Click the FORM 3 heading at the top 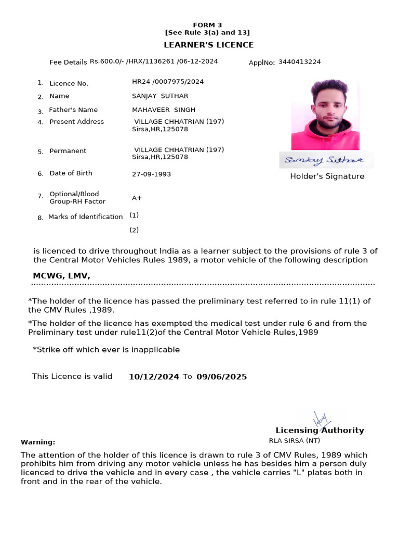tap(207, 25)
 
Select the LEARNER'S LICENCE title tap(209, 45)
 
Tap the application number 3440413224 tap(299, 62)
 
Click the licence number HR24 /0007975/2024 tap(168, 82)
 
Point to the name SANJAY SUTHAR tap(160, 96)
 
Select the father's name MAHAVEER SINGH tap(164, 110)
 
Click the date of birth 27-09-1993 tap(151, 174)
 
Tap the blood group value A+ tap(137, 198)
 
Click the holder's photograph tap(325, 115)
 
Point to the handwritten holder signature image tap(326, 160)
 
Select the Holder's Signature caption tap(327, 176)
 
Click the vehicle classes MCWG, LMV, tap(61, 276)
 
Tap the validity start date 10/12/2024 tap(154, 377)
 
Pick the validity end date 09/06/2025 tap(221, 377)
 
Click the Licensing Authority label tap(320, 430)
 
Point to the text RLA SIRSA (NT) tap(294, 440)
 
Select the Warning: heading tap(37, 442)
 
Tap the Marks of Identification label tap(85, 217)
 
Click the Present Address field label tap(76, 122)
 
